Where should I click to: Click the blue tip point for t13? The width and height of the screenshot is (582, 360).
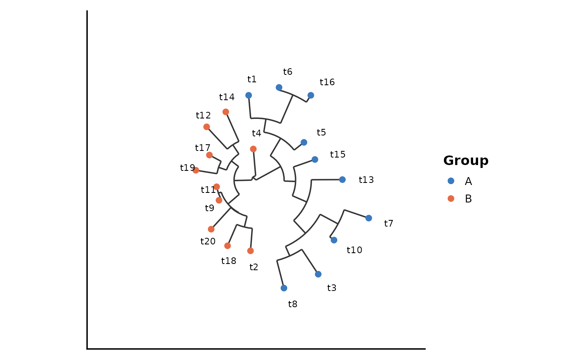342,180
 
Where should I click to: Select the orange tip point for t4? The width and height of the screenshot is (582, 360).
253,149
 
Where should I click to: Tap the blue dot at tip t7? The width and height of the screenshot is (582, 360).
369,218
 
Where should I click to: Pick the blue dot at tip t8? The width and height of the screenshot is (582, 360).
284,288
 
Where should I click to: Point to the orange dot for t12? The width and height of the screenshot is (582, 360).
207,127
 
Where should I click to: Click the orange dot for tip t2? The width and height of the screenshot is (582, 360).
250,251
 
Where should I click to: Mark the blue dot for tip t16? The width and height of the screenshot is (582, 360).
311,95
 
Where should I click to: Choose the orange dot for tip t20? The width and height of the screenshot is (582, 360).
211,229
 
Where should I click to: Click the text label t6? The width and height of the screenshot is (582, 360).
288,72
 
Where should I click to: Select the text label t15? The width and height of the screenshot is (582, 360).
338,155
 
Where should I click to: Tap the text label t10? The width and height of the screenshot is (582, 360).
354,250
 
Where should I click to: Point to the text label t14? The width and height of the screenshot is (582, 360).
227,97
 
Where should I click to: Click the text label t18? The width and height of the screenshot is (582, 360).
229,261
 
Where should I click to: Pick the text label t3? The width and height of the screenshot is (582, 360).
332,288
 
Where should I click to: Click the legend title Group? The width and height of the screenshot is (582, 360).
466,161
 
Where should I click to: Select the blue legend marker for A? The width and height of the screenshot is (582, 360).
451,181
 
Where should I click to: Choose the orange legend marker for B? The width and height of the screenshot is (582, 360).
451,199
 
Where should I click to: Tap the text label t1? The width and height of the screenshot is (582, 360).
252,79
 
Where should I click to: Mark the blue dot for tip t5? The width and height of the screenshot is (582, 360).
304,142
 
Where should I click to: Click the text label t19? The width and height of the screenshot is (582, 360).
187,168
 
